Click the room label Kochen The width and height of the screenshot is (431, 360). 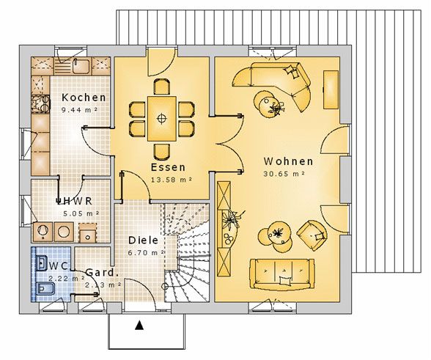84,98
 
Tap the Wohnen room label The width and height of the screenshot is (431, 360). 288,161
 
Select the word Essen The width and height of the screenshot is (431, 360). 169,167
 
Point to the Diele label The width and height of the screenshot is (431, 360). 144,240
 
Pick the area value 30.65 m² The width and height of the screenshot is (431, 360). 284,174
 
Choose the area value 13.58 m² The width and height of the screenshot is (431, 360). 172,180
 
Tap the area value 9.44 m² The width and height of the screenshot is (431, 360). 79,110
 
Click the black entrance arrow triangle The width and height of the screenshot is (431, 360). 139,326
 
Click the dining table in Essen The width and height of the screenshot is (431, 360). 162,119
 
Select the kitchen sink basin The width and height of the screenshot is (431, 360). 81,66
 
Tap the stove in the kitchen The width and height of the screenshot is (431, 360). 41,104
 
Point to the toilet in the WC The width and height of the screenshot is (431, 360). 45,288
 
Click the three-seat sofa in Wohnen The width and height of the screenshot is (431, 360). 282,274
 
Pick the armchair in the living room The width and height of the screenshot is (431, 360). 312,235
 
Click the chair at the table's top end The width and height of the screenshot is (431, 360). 161,87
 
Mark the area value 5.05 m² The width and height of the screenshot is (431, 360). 81,213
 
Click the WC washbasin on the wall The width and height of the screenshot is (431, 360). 42,264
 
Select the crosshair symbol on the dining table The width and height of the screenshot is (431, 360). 162,119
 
